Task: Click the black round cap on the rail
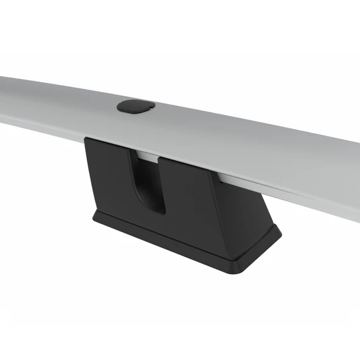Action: (x=136, y=106)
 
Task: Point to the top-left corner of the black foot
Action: (x=86, y=139)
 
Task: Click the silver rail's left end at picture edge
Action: (x=2, y=100)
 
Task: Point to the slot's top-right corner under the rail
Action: (x=160, y=159)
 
